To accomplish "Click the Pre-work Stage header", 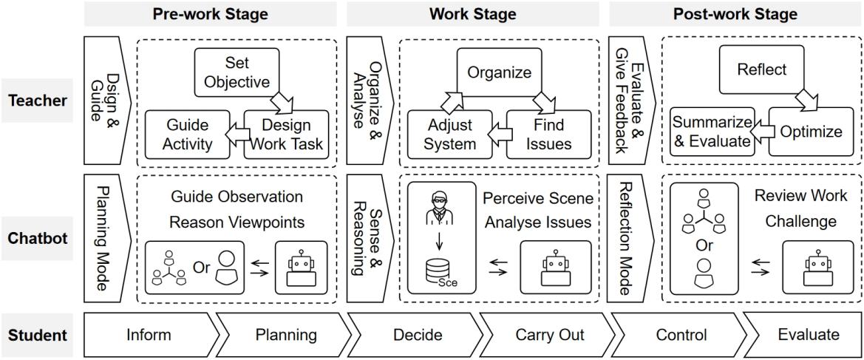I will [x=211, y=13].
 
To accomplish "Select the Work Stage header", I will [x=473, y=13].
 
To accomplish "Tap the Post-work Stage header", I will [x=735, y=13].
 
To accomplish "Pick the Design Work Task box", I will [x=285, y=134].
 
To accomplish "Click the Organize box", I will [x=499, y=73].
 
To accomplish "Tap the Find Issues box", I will [x=548, y=134].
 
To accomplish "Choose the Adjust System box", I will [x=451, y=134].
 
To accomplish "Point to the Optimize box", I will [x=811, y=132].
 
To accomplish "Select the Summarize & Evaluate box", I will [x=712, y=132].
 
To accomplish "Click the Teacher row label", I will [x=37, y=101].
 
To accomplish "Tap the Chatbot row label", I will [x=37, y=238].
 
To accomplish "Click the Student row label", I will [x=37, y=335].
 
